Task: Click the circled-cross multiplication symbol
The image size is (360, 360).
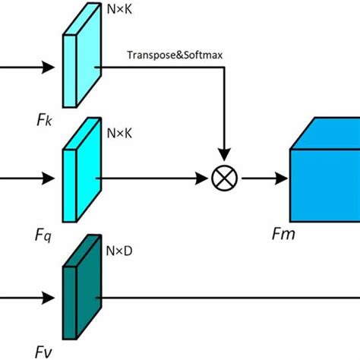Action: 224,179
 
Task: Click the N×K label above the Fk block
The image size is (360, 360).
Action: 117,10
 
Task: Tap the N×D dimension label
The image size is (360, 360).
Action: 117,248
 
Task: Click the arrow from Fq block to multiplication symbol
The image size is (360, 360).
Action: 152,179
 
